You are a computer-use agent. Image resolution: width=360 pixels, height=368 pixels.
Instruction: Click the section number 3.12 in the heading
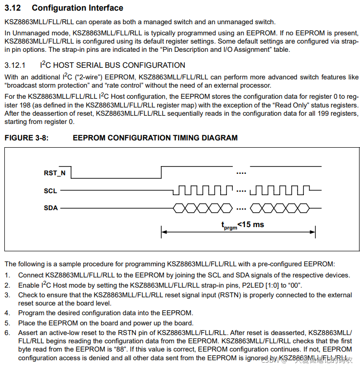point(14,8)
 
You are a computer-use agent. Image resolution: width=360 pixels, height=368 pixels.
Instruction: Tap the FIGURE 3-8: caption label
point(27,138)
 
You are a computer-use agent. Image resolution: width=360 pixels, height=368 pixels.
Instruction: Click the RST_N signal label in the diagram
point(55,173)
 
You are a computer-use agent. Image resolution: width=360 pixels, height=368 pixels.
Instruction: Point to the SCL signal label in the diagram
point(50,191)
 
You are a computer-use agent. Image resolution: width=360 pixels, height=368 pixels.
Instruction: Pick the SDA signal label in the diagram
point(51,208)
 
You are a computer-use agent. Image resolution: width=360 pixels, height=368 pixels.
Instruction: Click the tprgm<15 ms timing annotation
point(242,225)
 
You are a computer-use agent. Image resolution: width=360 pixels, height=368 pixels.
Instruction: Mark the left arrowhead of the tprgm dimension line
point(164,232)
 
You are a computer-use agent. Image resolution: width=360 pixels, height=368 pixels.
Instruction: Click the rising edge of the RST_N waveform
point(161,172)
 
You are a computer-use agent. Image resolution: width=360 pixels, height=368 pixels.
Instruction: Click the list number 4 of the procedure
point(7,313)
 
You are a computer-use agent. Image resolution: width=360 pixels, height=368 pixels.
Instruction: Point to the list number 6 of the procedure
point(7,333)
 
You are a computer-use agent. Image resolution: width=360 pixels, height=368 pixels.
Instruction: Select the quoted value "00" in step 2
point(295,285)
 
